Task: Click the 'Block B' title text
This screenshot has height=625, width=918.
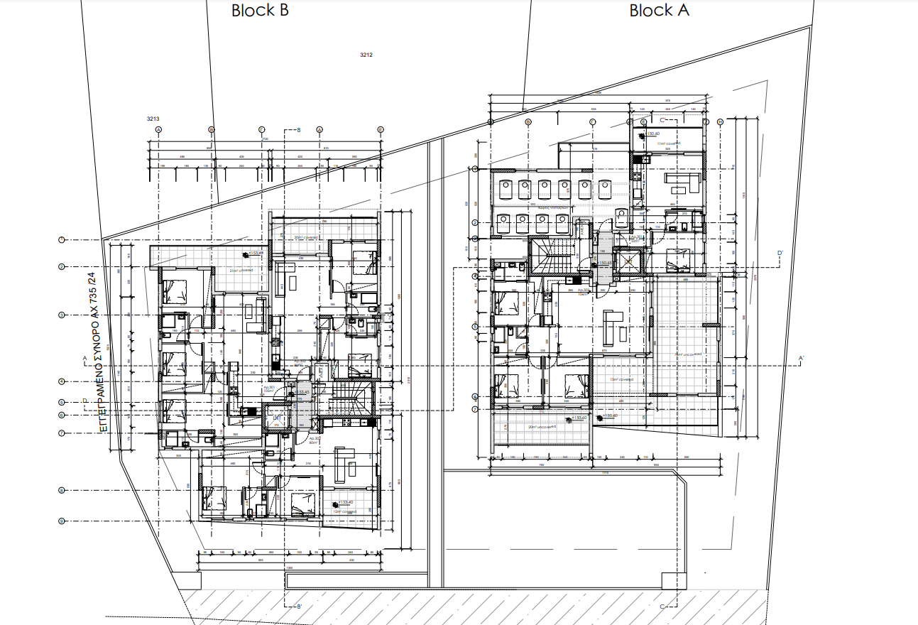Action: pyautogui.click(x=260, y=11)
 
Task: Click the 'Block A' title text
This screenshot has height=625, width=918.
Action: pyautogui.click(x=659, y=11)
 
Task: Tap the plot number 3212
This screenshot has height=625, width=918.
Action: pyautogui.click(x=366, y=55)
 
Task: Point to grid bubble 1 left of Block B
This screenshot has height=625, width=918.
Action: pyautogui.click(x=62, y=240)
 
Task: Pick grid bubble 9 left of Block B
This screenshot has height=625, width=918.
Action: pyautogui.click(x=62, y=521)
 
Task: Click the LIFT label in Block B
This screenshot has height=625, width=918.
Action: pyautogui.click(x=277, y=419)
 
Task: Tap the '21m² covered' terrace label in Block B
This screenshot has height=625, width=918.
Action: pyautogui.click(x=241, y=271)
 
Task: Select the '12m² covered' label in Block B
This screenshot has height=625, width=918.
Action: pyautogui.click(x=346, y=511)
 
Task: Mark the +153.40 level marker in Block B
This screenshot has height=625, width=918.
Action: pyautogui.click(x=346, y=503)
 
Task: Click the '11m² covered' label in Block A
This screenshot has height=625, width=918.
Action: pyautogui.click(x=668, y=143)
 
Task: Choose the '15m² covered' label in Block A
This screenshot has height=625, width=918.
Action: pyautogui.click(x=621, y=379)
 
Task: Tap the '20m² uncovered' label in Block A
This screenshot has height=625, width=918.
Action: pyautogui.click(x=541, y=427)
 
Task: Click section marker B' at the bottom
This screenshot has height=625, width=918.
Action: pyautogui.click(x=299, y=607)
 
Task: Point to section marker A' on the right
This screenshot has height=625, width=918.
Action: pyautogui.click(x=801, y=357)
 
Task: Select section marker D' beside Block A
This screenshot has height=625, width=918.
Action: pyautogui.click(x=780, y=253)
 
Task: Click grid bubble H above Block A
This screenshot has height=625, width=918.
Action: pyautogui.click(x=720, y=122)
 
